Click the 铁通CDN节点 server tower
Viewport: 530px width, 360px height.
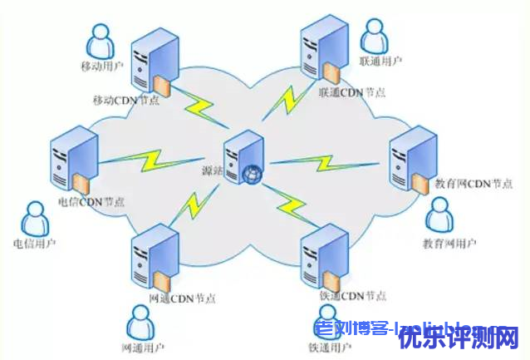[x=323, y=251]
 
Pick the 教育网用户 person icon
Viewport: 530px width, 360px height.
[x=439, y=215]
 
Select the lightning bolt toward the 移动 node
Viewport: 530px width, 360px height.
[x=199, y=104]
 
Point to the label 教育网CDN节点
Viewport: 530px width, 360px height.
[x=473, y=184]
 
